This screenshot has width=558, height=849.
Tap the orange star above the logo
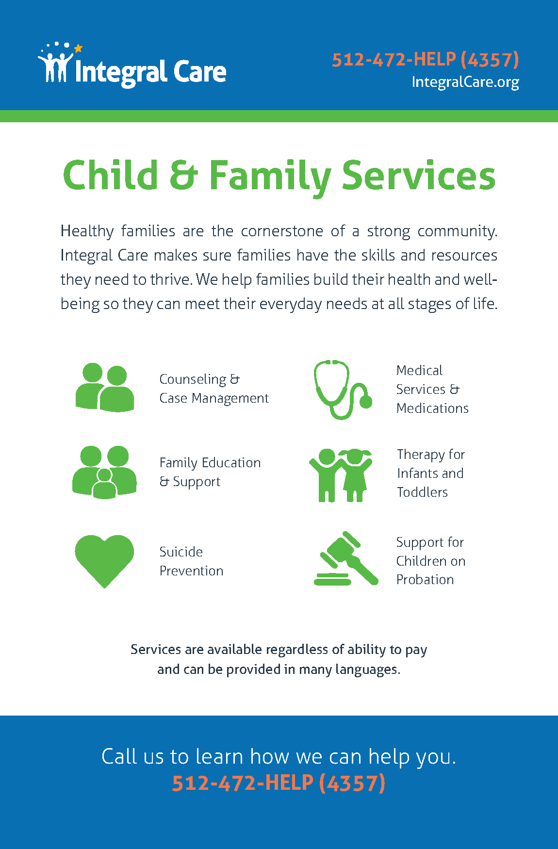pos(78,48)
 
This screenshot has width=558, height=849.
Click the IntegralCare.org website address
pos(465,82)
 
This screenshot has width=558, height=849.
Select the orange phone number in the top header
pos(426,60)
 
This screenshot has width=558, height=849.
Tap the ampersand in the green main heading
pos(184,176)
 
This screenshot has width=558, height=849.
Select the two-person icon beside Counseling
pos(105,387)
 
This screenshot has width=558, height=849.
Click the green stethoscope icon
pos(343,389)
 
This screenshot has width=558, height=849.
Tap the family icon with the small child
pos(104,472)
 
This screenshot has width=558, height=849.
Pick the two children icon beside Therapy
pos(341,475)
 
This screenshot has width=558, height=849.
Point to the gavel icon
pos(346,558)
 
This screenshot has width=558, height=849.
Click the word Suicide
pos(181,552)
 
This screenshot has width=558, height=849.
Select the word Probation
pos(425,579)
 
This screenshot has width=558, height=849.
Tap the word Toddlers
pos(422,492)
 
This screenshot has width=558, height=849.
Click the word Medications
pos(432,408)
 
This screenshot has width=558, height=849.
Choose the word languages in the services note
pos(367,669)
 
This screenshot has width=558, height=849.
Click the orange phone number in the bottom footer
pos(279,783)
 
